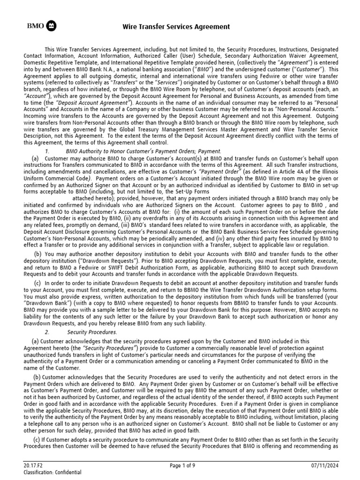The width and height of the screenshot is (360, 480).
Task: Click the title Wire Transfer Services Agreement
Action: [176, 27]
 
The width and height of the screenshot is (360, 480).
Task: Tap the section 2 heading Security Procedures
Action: [92, 332]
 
